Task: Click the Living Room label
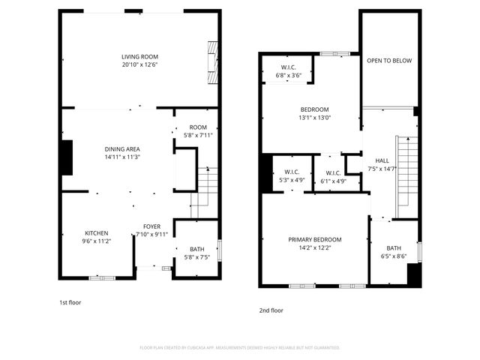pos(140,57)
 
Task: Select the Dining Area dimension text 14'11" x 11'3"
pos(123,157)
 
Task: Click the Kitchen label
pos(96,232)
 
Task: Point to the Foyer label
pos(152,226)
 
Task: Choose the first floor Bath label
pos(196,249)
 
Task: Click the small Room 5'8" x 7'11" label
pos(197,127)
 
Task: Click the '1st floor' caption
pos(70,302)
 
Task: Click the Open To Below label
pos(388,61)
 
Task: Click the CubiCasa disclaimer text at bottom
pos(240,347)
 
